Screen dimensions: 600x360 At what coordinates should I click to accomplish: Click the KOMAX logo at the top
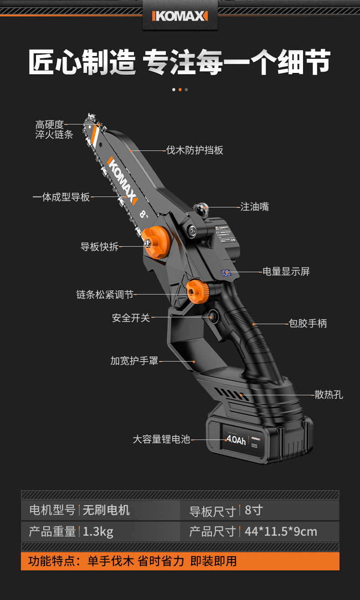(180, 16)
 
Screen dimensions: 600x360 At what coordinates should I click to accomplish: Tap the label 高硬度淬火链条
(54, 129)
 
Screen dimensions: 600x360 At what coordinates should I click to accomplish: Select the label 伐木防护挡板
(195, 150)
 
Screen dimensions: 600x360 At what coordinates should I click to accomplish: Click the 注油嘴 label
(254, 207)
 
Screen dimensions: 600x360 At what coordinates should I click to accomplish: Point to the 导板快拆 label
(99, 247)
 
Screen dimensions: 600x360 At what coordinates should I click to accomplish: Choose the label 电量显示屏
(286, 271)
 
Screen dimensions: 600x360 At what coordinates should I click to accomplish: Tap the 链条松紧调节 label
(105, 295)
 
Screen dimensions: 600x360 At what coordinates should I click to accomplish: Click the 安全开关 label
(131, 317)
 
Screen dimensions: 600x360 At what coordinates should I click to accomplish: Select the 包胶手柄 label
(308, 323)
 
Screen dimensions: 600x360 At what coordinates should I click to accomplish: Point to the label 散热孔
(329, 394)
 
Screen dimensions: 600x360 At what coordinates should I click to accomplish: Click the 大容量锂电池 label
(161, 440)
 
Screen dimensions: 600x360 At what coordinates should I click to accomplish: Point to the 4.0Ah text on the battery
(236, 440)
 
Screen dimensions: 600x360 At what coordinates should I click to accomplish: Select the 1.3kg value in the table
(98, 531)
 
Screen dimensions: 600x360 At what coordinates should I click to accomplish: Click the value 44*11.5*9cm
(280, 531)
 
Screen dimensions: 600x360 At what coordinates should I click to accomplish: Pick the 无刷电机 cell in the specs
(106, 510)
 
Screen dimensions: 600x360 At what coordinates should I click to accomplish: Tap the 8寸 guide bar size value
(254, 510)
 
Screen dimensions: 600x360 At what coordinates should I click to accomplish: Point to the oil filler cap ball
(201, 209)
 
